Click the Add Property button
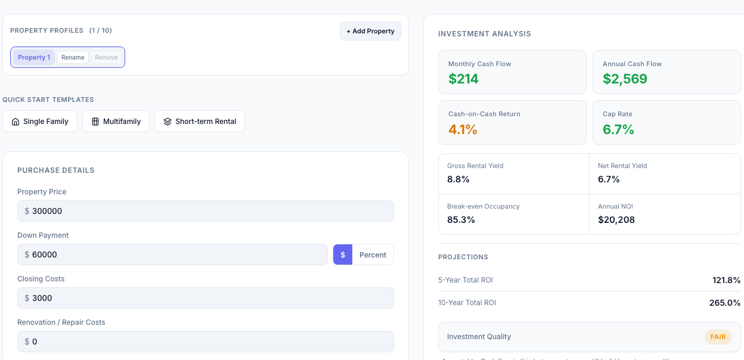[370, 31]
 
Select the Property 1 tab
[34, 57]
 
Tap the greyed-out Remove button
[107, 57]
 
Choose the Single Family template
[40, 122]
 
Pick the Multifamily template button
[116, 122]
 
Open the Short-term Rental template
[200, 122]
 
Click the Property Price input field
[206, 211]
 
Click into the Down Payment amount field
[173, 255]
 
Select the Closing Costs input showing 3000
[206, 298]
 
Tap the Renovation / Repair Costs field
[206, 342]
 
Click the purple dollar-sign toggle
[343, 255]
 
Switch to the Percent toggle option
[373, 255]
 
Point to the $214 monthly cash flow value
[464, 79]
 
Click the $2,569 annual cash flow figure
[625, 79]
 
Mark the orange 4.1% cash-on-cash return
[463, 129]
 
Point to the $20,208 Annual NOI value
[616, 220]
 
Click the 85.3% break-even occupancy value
[461, 220]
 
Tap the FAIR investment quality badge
[718, 337]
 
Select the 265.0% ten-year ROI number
[725, 303]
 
